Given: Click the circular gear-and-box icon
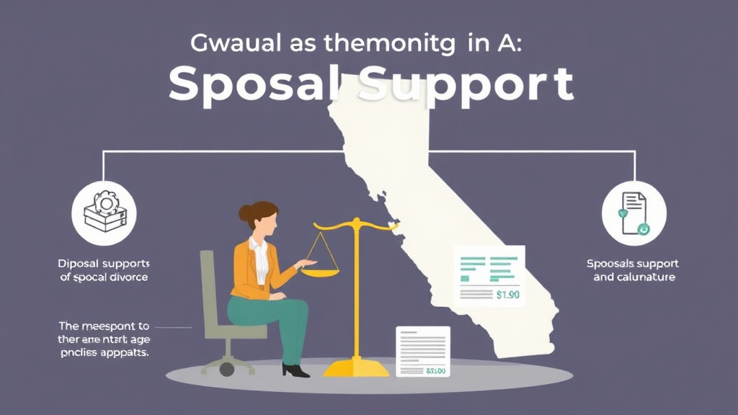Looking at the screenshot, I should click(x=105, y=213).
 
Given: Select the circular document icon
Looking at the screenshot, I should click(x=633, y=213).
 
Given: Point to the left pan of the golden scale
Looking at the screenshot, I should click(x=319, y=270).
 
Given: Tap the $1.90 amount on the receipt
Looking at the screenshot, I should click(x=509, y=294).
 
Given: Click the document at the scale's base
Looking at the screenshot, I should click(x=422, y=352).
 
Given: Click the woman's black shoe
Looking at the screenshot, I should click(x=295, y=370).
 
